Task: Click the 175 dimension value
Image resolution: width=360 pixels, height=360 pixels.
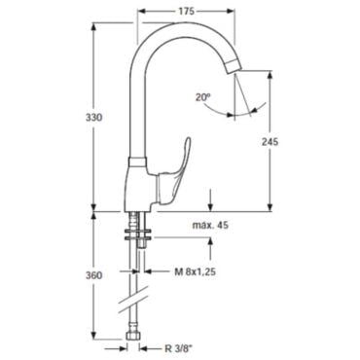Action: (x=186, y=12)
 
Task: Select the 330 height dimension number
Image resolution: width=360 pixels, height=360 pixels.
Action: (x=93, y=118)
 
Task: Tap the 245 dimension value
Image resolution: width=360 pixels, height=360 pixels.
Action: (x=270, y=142)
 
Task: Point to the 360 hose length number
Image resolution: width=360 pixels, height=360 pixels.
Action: (x=93, y=275)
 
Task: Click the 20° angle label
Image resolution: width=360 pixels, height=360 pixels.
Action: (x=203, y=97)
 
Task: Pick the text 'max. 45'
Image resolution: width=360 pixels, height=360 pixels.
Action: (x=210, y=225)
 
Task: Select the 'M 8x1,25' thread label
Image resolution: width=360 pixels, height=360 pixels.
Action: (x=196, y=271)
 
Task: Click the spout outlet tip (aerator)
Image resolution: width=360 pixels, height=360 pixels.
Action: (x=234, y=67)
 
